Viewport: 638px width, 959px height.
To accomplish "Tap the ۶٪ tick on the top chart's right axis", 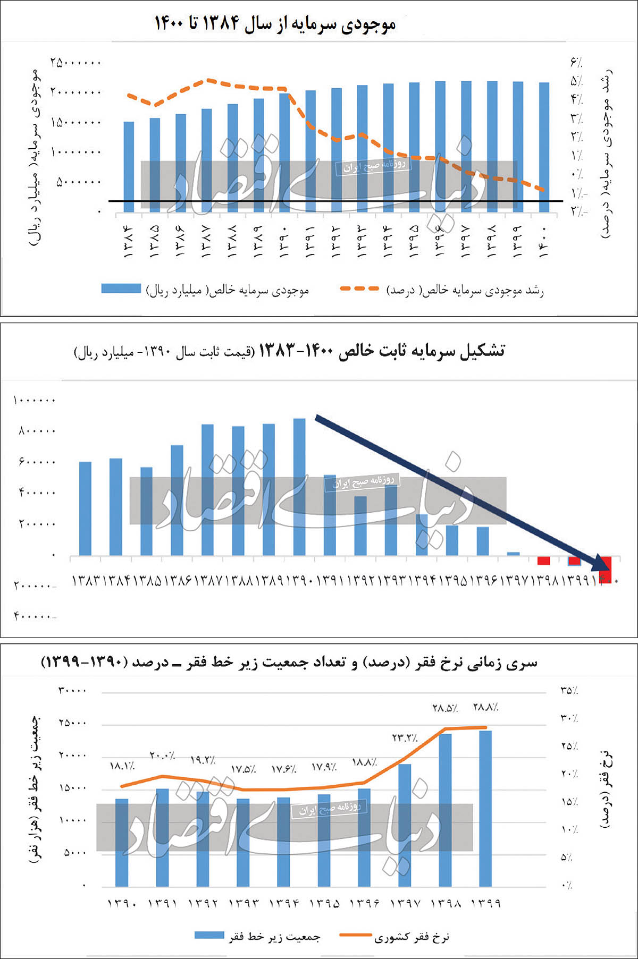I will point(576,63).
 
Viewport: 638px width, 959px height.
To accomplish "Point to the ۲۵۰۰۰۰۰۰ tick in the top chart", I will point(75,63).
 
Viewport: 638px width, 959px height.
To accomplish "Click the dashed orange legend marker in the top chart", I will point(359,288).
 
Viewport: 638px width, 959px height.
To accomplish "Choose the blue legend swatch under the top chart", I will point(121,288).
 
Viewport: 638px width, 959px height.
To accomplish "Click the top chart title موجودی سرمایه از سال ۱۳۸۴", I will point(275,24).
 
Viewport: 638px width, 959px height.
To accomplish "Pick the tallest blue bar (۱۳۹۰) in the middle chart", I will point(299,486).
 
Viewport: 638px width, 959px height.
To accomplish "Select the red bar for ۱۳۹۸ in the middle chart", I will point(543,561).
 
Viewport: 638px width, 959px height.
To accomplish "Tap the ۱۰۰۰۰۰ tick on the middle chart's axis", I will point(34,400).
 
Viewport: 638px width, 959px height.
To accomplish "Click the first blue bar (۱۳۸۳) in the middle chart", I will point(85,508).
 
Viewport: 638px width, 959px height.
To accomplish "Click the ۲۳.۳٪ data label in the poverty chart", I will point(405,738).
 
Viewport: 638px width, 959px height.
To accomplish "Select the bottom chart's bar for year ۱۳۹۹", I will point(485,808).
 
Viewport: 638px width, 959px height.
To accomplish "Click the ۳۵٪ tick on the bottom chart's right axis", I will point(569,691).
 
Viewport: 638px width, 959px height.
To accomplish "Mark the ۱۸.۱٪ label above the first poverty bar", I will point(122,766).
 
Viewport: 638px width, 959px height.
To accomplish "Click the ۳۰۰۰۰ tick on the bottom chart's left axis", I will point(72,691).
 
